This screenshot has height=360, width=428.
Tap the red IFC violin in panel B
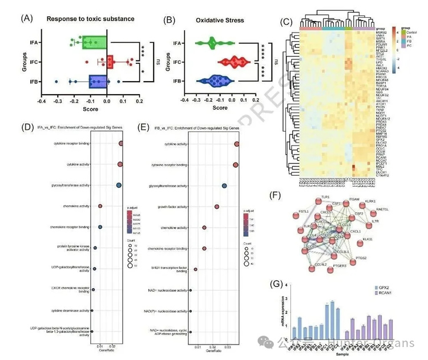231,62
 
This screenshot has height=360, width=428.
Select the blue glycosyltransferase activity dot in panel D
119,185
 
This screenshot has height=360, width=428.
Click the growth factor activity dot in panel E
217,207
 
